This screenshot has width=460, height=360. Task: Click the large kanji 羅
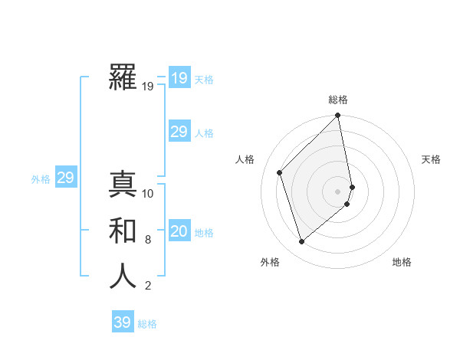pyautogui.click(x=123, y=77)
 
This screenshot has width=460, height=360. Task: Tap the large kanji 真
pyautogui.click(x=123, y=184)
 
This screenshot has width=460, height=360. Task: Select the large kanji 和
pyautogui.click(x=123, y=231)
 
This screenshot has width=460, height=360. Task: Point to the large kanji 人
pyautogui.click(x=123, y=277)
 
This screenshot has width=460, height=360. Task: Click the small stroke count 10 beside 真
pyautogui.click(x=148, y=193)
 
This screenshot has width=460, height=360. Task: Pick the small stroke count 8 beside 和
pyautogui.click(x=148, y=240)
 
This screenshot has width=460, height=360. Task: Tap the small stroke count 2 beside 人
pyautogui.click(x=148, y=286)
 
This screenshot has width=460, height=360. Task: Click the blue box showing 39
pyautogui.click(x=123, y=322)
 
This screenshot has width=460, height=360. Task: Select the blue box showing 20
pyautogui.click(x=179, y=231)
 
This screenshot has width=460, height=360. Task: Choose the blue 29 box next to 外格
pyautogui.click(x=65, y=178)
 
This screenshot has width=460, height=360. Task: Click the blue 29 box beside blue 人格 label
pyautogui.click(x=179, y=132)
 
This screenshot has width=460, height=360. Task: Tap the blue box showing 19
pyautogui.click(x=179, y=77)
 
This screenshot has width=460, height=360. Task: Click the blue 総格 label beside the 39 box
pyautogui.click(x=147, y=324)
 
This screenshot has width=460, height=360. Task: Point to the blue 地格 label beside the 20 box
pyautogui.click(x=204, y=233)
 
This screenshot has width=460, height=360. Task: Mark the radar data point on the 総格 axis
pyautogui.click(x=337, y=116)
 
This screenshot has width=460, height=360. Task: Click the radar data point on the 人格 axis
pyautogui.click(x=280, y=172)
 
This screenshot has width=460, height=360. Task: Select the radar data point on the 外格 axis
pyautogui.click(x=301, y=241)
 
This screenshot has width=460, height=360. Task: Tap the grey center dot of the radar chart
pyautogui.click(x=337, y=191)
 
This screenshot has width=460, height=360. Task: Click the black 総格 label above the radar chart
pyautogui.click(x=337, y=100)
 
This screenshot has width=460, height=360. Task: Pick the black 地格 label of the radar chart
pyautogui.click(x=402, y=262)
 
